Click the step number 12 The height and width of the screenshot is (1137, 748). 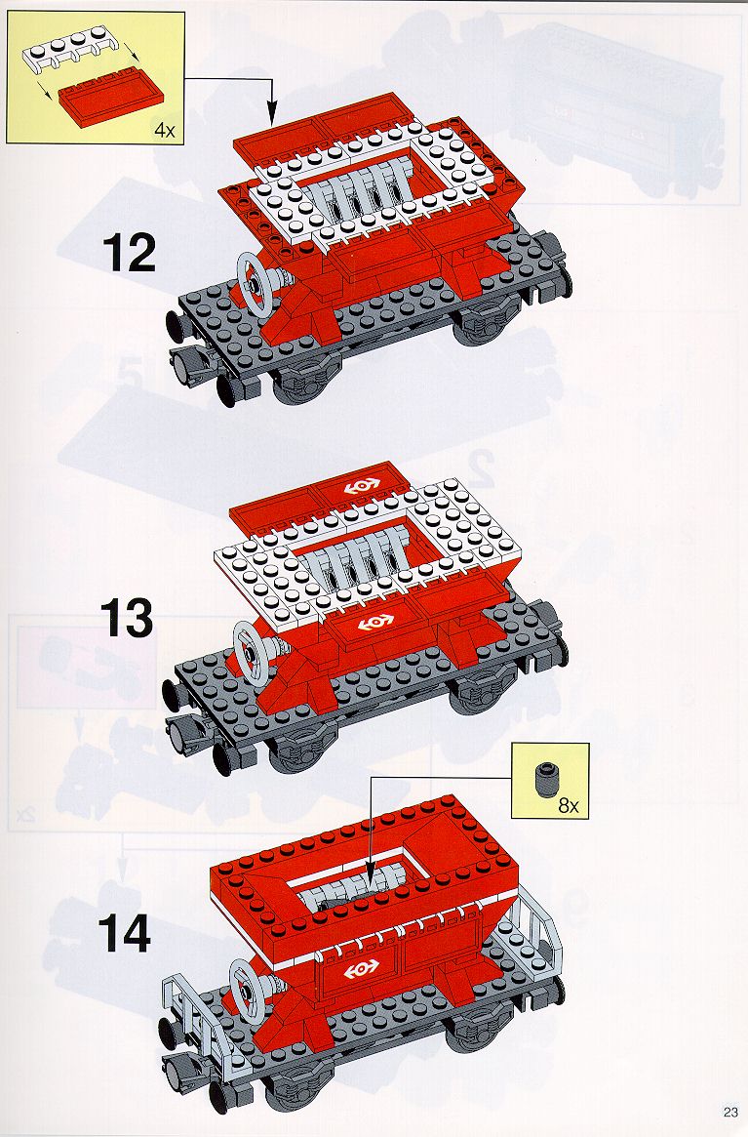(130, 253)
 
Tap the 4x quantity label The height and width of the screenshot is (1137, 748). (164, 131)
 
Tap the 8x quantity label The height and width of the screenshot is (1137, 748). (569, 806)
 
